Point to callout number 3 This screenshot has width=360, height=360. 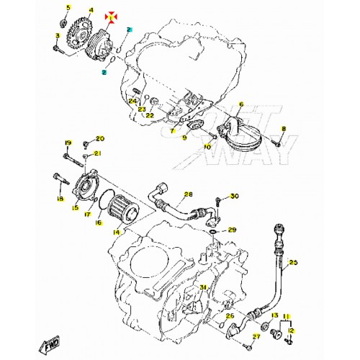[x=57, y=35]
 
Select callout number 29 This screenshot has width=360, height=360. [x=232, y=230]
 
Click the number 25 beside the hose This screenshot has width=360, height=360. [x=293, y=264]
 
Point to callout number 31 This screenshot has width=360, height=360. [x=203, y=288]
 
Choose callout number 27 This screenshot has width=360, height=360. [x=256, y=338]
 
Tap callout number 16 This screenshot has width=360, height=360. [x=99, y=223]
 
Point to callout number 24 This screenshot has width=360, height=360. [x=132, y=102]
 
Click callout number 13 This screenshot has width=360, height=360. [x=275, y=315]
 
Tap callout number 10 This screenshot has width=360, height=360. [x=207, y=147]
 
